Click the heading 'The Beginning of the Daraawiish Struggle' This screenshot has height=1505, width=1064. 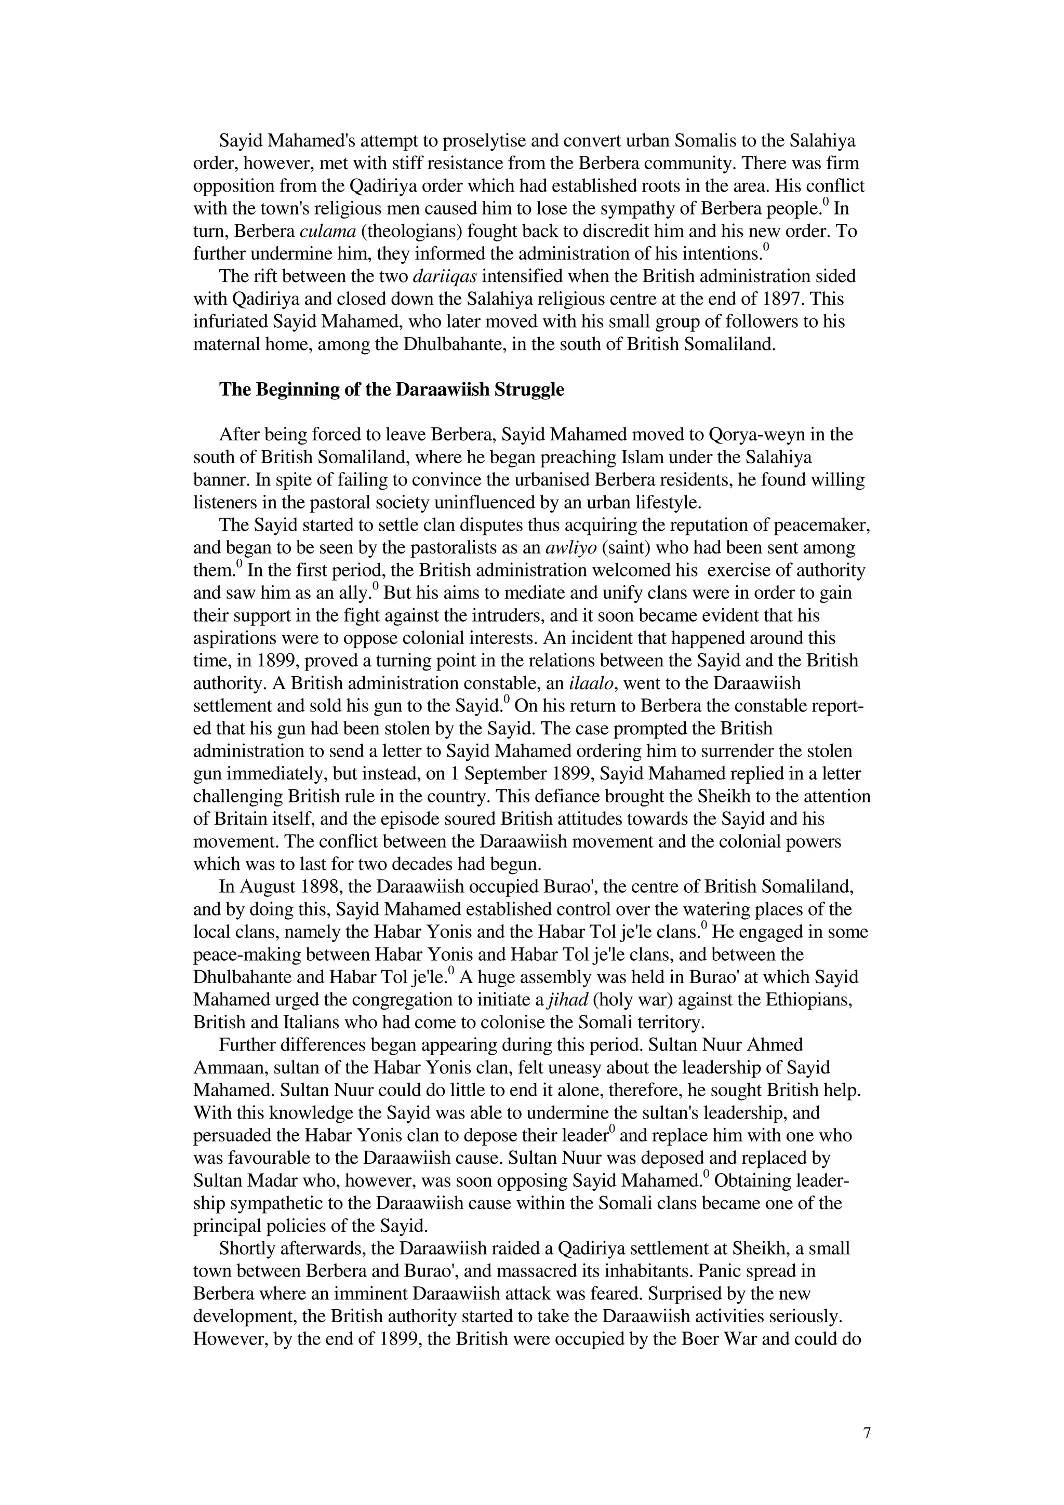tap(391, 389)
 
